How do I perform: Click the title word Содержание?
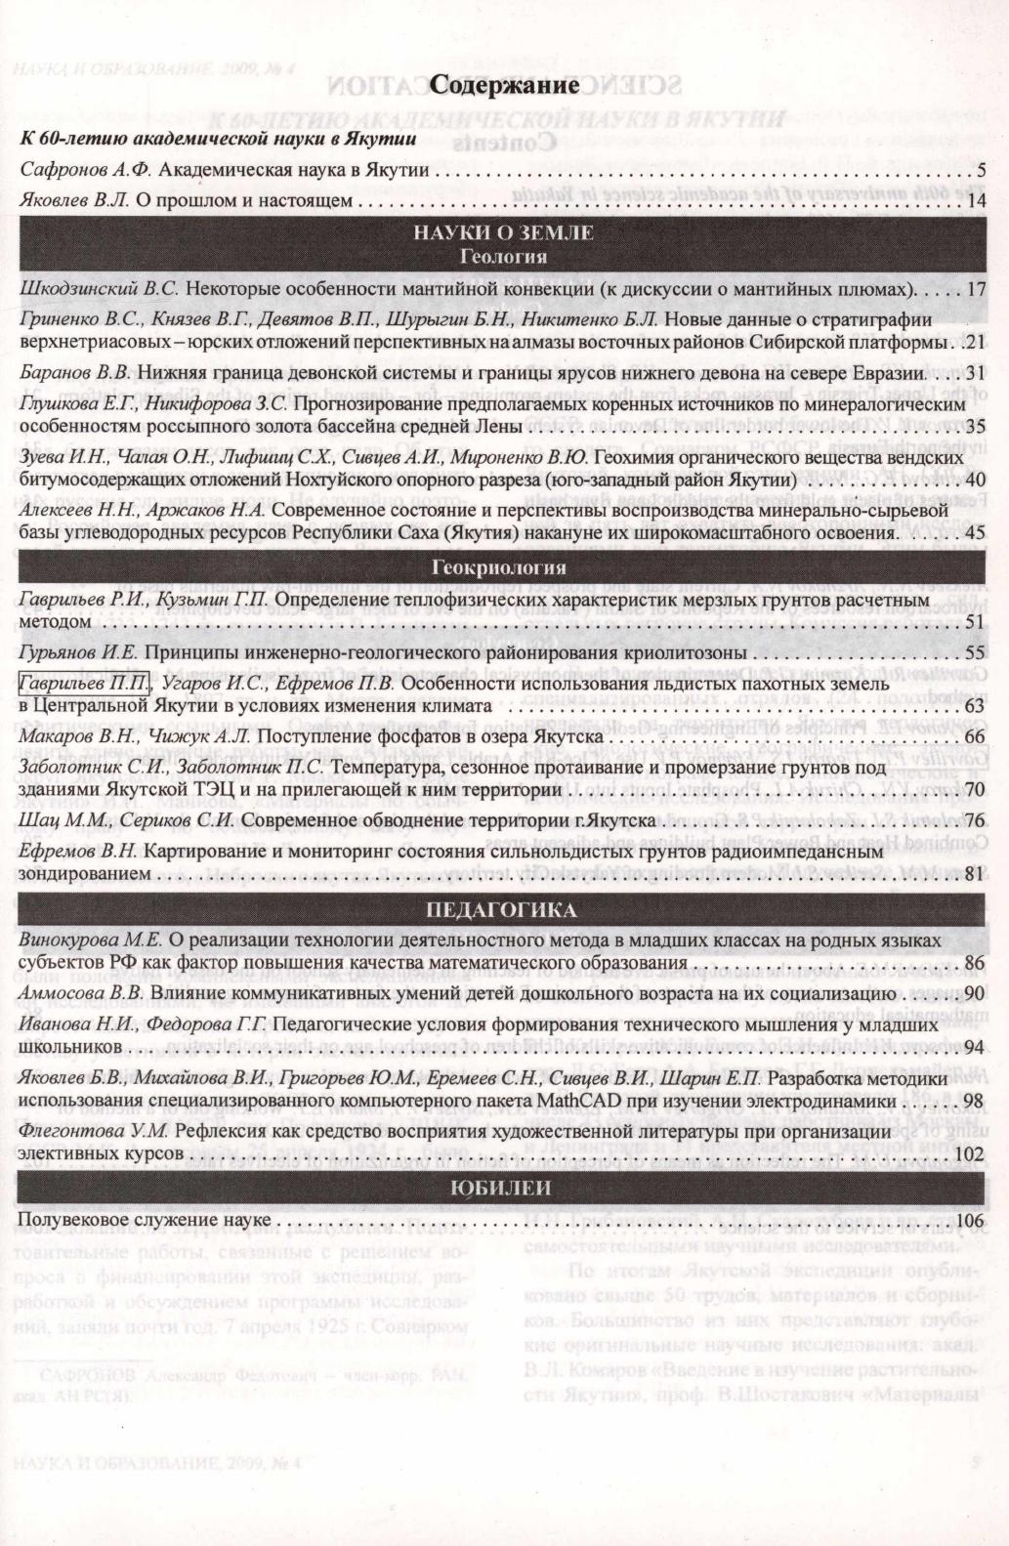(x=505, y=86)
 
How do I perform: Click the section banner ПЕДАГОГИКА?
(x=504, y=910)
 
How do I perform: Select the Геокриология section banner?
(x=504, y=566)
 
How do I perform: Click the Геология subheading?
(x=503, y=258)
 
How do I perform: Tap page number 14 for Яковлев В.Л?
(x=975, y=201)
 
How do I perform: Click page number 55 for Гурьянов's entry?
(x=974, y=652)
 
